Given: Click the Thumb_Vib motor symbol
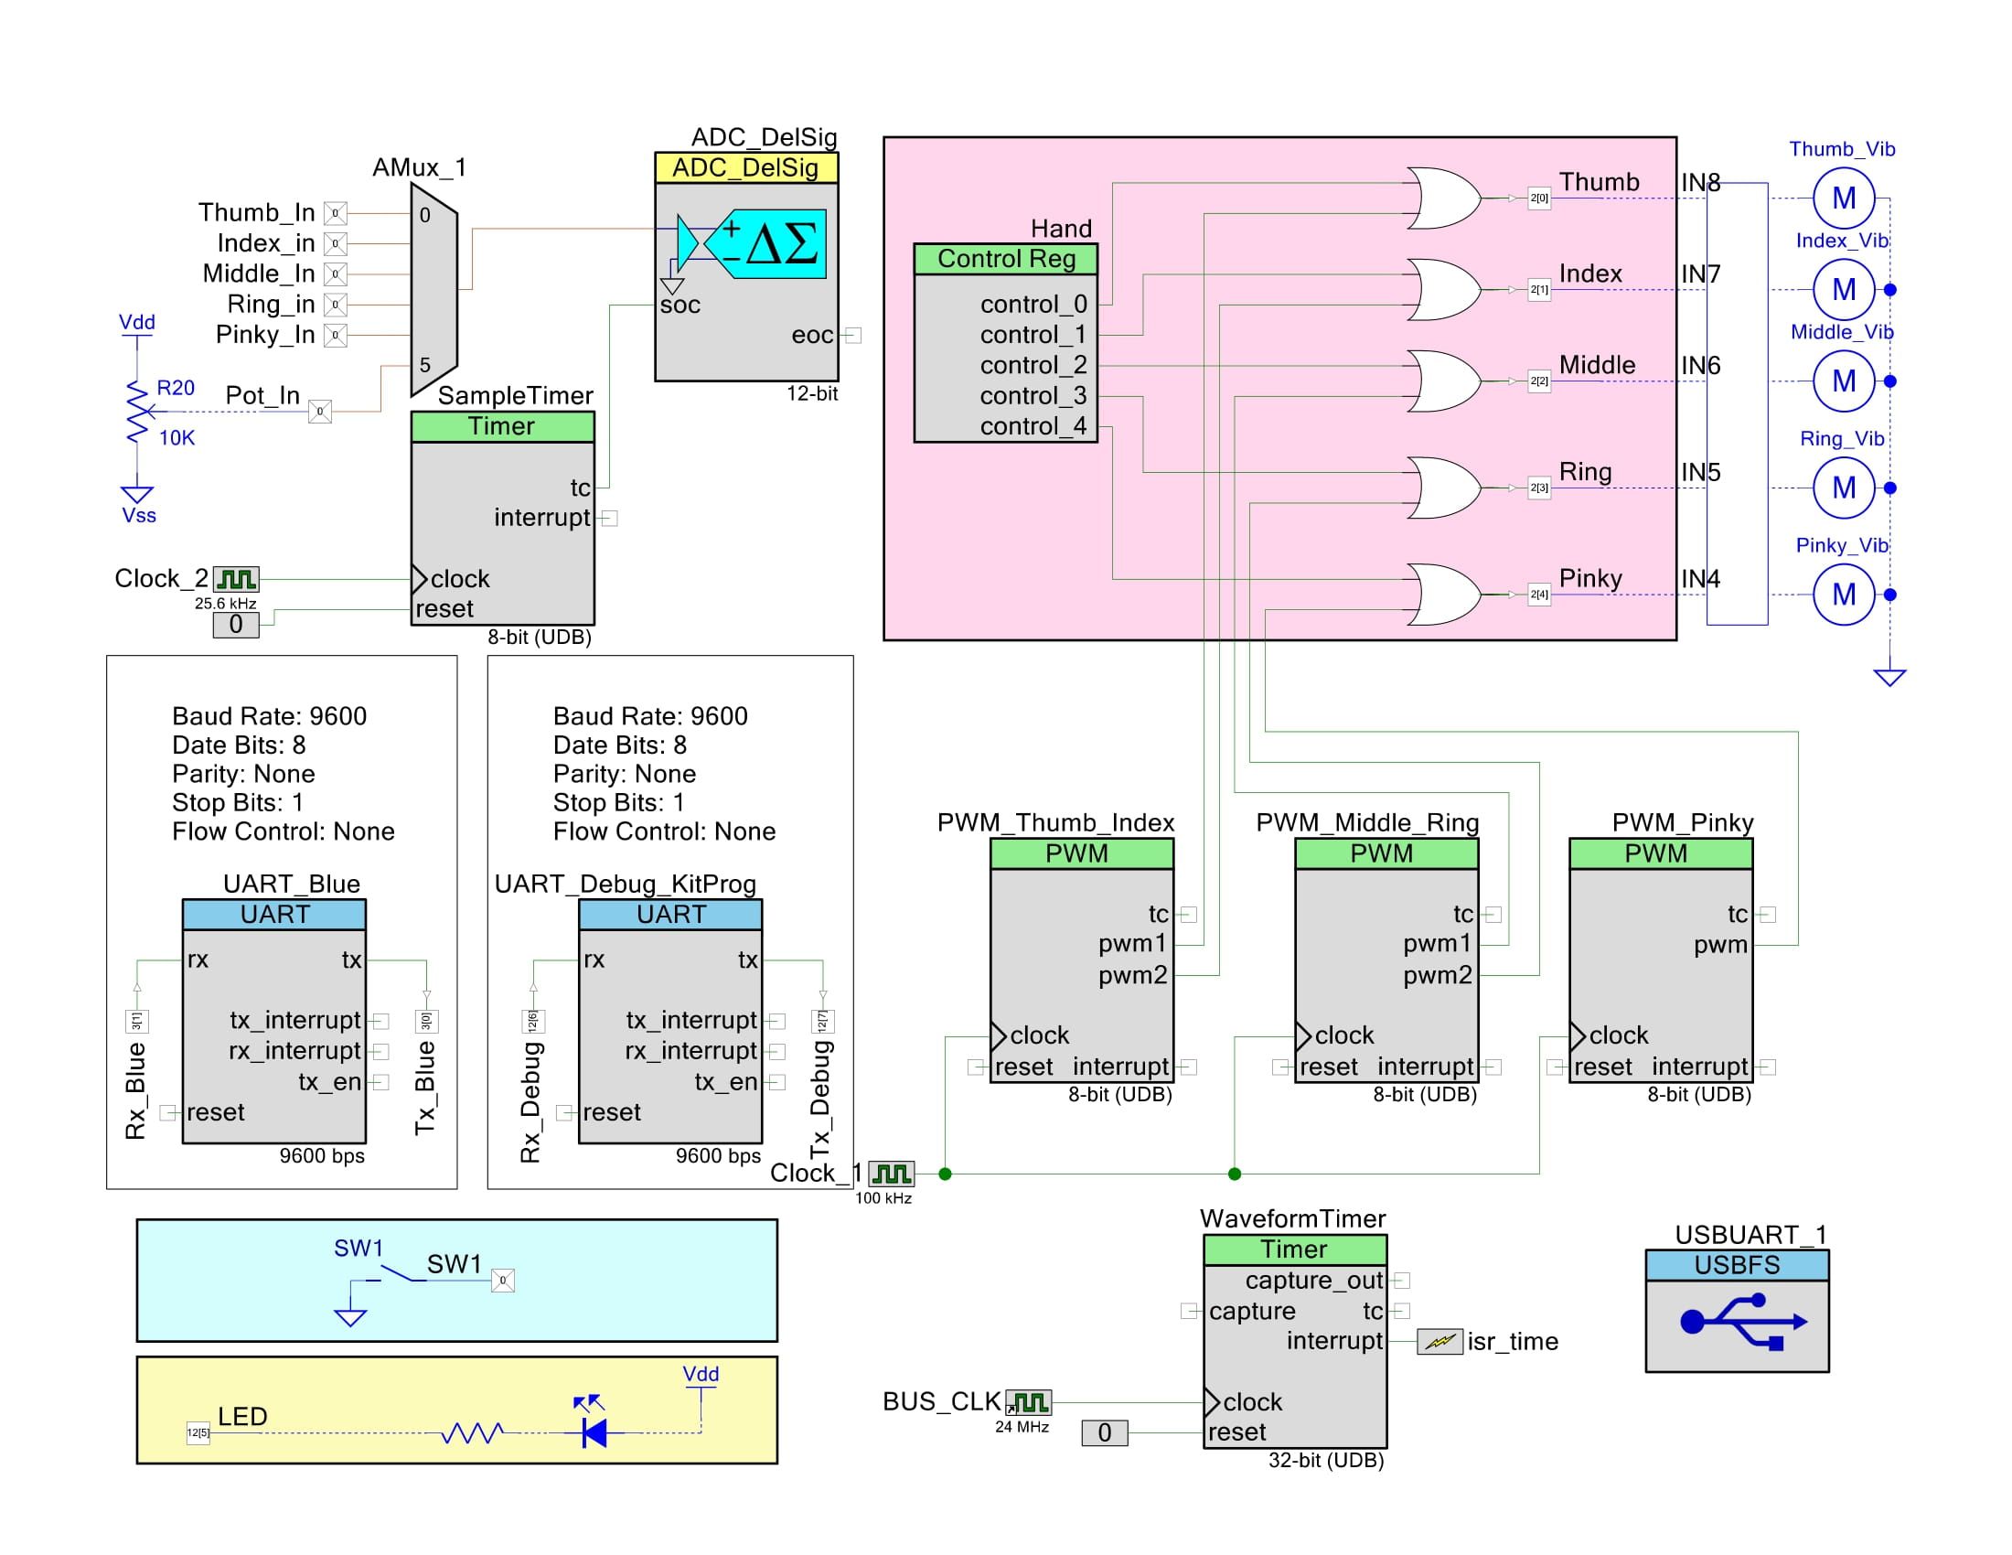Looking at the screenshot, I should click(1843, 198).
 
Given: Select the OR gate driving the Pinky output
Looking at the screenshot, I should click(1441, 595).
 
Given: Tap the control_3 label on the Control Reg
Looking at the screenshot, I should click(1033, 396).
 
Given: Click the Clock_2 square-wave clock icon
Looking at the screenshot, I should click(236, 578).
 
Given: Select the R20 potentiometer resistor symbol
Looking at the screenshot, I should click(137, 413).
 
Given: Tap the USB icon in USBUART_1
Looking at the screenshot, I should click(1737, 1324).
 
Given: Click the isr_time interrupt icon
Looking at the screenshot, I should click(1439, 1342).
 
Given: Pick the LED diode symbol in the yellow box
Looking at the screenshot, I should click(594, 1432).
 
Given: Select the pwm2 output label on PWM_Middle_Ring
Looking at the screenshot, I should click(1437, 975).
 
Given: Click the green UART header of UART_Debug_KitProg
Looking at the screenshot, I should click(670, 915).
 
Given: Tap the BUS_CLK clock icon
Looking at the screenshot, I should click(1028, 1402).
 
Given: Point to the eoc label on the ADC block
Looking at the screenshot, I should click(811, 336).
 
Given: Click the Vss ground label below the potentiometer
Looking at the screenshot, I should click(139, 516).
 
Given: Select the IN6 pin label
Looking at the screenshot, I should click(1700, 366).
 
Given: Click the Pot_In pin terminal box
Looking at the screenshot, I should click(320, 412).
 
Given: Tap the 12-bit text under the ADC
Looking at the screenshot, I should click(811, 393).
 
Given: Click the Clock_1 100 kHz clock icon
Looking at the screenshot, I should click(891, 1173).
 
